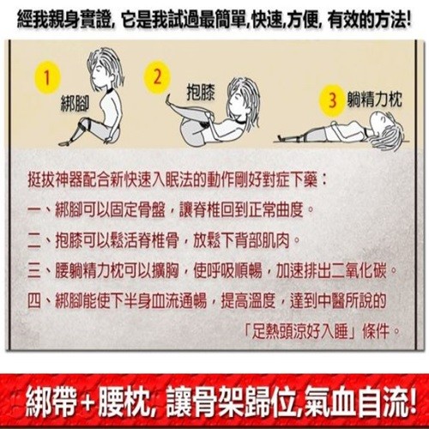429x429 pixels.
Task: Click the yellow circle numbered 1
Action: coord(47,77)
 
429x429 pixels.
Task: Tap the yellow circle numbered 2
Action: coord(157,77)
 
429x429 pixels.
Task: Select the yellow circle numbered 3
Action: coord(332,101)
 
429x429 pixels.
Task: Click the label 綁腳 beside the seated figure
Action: coord(75,104)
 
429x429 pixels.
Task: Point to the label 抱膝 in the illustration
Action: coord(200,92)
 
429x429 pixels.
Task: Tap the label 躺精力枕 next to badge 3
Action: coord(375,100)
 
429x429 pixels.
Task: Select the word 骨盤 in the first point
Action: coord(152,210)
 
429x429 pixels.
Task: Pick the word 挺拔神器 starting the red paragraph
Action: coord(56,180)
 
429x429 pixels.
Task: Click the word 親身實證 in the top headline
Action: coord(73,20)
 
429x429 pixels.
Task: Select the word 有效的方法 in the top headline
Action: coord(366,20)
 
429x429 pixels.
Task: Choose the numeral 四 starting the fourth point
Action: coord(34,300)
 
